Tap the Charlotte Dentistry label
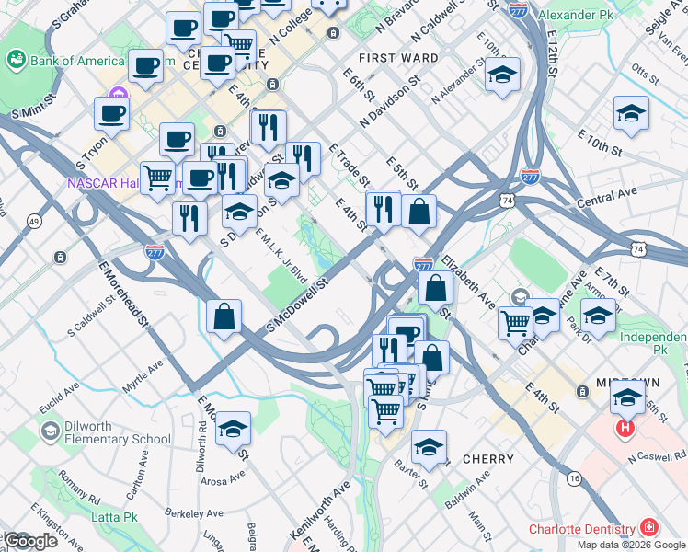click(x=581, y=529)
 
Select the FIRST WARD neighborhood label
click(x=398, y=57)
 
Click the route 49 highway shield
click(x=34, y=222)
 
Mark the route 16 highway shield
click(x=574, y=479)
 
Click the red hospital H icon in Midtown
click(x=626, y=429)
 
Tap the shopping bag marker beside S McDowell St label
click(x=224, y=316)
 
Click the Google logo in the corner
click(x=29, y=541)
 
